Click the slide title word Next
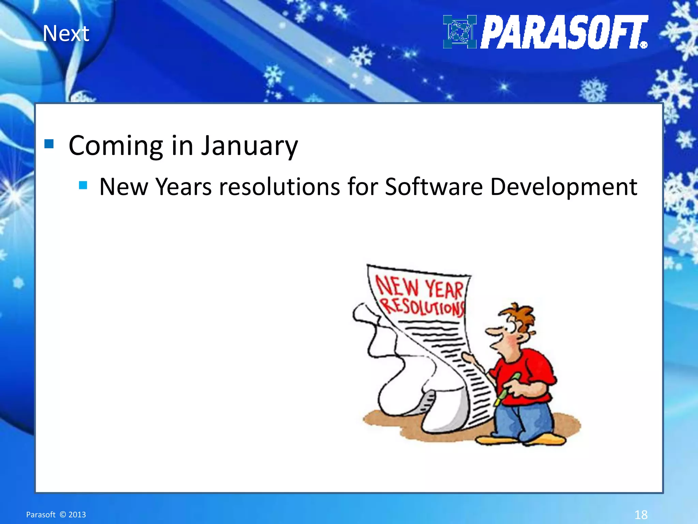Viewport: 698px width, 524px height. [66, 34]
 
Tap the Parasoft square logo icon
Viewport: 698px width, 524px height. [459, 32]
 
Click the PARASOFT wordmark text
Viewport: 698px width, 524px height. [564, 32]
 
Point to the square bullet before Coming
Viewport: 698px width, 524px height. [49, 144]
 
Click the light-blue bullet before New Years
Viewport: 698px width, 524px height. [83, 185]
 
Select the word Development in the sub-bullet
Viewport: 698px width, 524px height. [563, 187]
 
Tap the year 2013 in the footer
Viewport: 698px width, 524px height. [77, 514]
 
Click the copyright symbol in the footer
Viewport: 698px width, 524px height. [62, 514]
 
